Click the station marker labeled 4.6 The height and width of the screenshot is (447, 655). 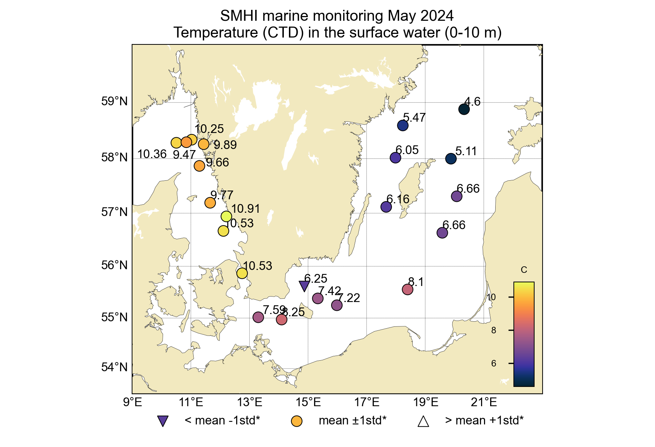pyautogui.click(x=464, y=109)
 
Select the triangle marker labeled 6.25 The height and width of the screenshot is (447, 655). pyautogui.click(x=304, y=286)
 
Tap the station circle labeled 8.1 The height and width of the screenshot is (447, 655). pyautogui.click(x=408, y=290)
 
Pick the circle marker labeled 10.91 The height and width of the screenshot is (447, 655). pyautogui.click(x=226, y=216)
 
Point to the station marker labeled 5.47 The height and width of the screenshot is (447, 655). pyautogui.click(x=403, y=126)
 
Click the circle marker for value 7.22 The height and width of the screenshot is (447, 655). pyautogui.click(x=337, y=305)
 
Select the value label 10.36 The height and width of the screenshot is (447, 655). pyautogui.click(x=152, y=154)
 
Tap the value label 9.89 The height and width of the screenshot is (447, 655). pyautogui.click(x=225, y=145)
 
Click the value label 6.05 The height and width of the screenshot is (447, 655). pyautogui.click(x=407, y=150)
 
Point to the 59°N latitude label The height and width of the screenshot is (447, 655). pyautogui.click(x=115, y=101)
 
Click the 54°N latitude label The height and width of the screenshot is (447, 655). pyautogui.click(x=115, y=367)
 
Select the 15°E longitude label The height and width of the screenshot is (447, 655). pyautogui.click(x=309, y=403)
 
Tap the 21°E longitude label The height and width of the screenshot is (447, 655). pyautogui.click(x=484, y=403)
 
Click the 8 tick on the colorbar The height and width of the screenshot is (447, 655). pyautogui.click(x=493, y=330)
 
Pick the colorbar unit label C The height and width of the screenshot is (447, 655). pyautogui.click(x=524, y=270)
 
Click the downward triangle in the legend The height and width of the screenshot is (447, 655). pyautogui.click(x=163, y=421)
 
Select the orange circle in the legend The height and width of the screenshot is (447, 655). pyautogui.click(x=297, y=421)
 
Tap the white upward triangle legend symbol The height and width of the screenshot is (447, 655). pyautogui.click(x=423, y=421)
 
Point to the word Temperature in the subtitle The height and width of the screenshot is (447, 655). pyautogui.click(x=215, y=33)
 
